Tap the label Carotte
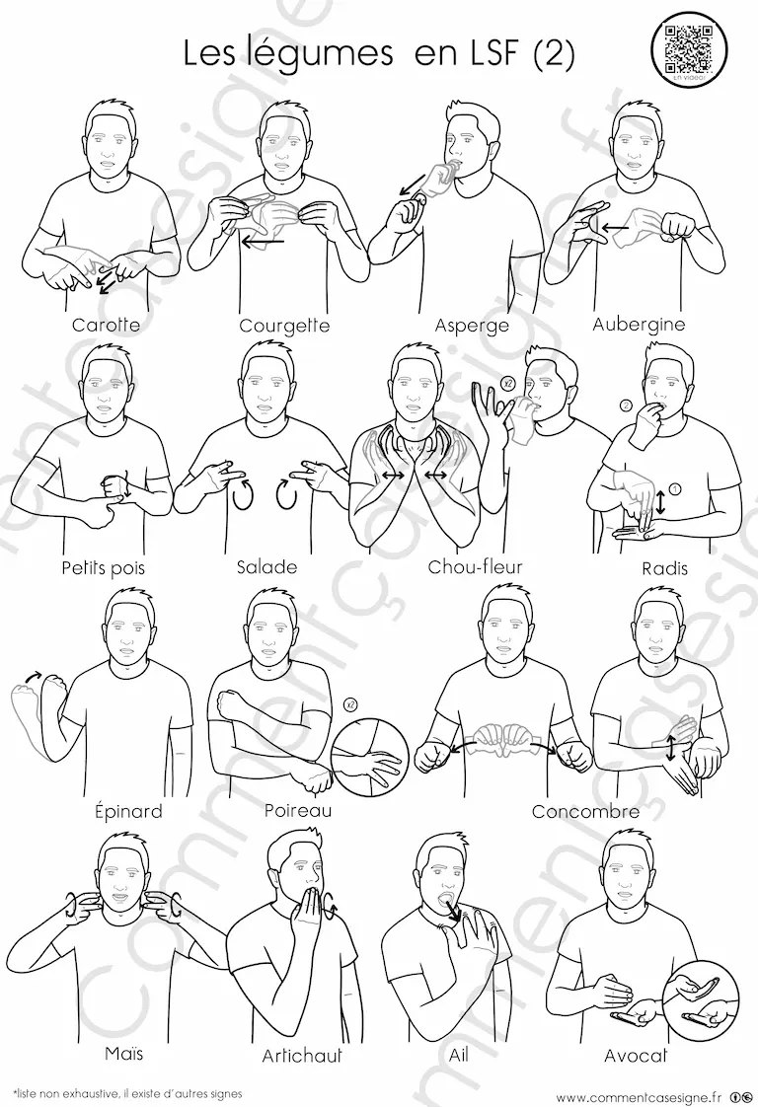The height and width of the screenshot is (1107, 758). click(x=106, y=325)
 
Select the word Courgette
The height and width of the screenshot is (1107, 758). click(x=284, y=326)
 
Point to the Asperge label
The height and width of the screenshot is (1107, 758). click(x=472, y=326)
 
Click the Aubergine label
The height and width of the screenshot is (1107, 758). click(x=639, y=324)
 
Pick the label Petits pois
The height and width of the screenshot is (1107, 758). click(x=103, y=567)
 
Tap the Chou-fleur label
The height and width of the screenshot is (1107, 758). click(x=476, y=566)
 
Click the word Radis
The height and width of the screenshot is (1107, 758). click(x=665, y=567)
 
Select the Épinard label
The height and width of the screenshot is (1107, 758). click(x=128, y=810)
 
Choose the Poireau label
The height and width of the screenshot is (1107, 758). click(x=298, y=810)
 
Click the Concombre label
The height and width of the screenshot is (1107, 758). click(x=585, y=811)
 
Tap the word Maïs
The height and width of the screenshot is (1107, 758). click(x=124, y=1053)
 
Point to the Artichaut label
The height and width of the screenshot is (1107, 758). click(x=302, y=1056)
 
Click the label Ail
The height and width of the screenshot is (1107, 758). click(x=459, y=1054)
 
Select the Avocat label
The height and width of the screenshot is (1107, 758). click(x=636, y=1056)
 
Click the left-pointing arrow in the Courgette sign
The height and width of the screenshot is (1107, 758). click(x=263, y=242)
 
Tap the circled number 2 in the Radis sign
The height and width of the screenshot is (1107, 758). click(x=625, y=406)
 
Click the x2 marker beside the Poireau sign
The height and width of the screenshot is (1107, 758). click(x=349, y=703)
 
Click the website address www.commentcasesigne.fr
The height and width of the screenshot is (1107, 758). click(x=639, y=1096)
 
